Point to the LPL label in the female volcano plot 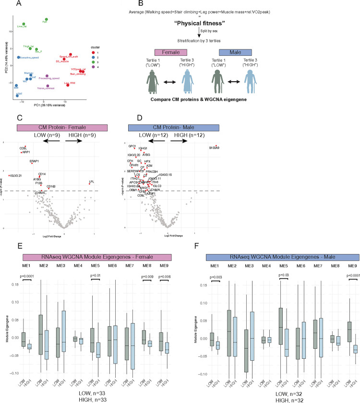[x=91, y=182]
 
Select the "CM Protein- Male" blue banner [x=175, y=127]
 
